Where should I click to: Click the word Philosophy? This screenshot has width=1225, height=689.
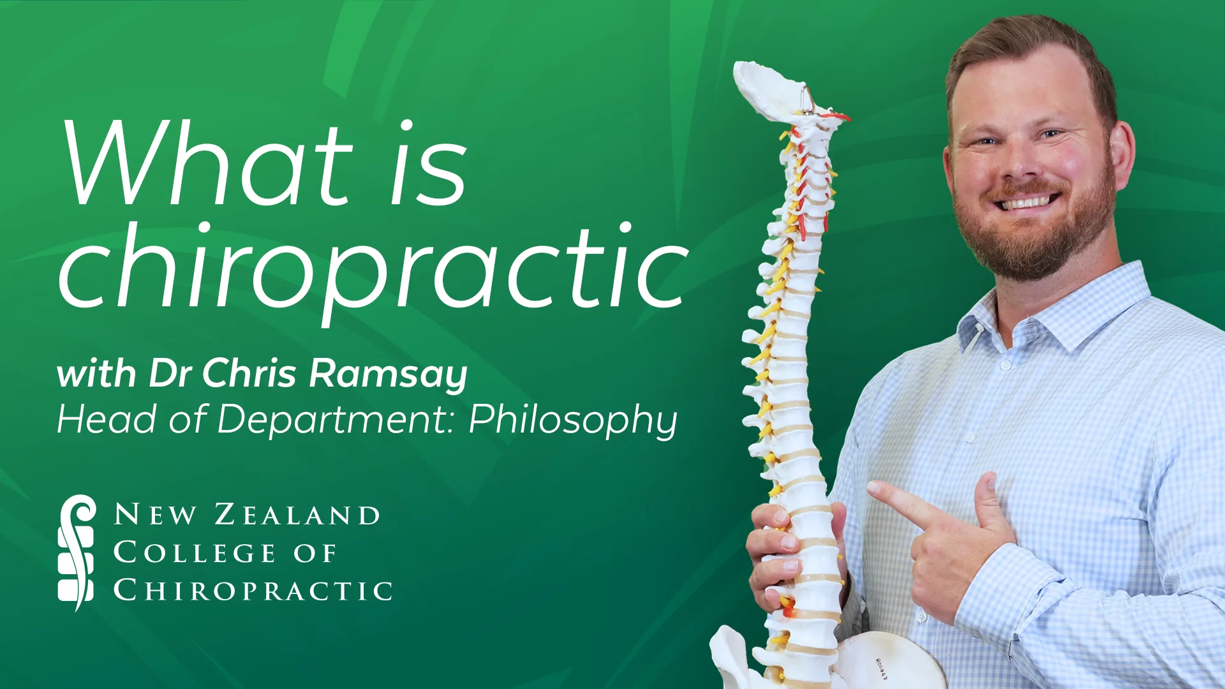(x=573, y=420)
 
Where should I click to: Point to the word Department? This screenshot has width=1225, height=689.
(x=335, y=420)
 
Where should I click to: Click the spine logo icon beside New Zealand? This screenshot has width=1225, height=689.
(x=77, y=552)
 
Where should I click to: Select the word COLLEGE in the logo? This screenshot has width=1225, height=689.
(x=195, y=552)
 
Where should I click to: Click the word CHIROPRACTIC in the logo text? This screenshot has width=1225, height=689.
(x=253, y=590)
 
